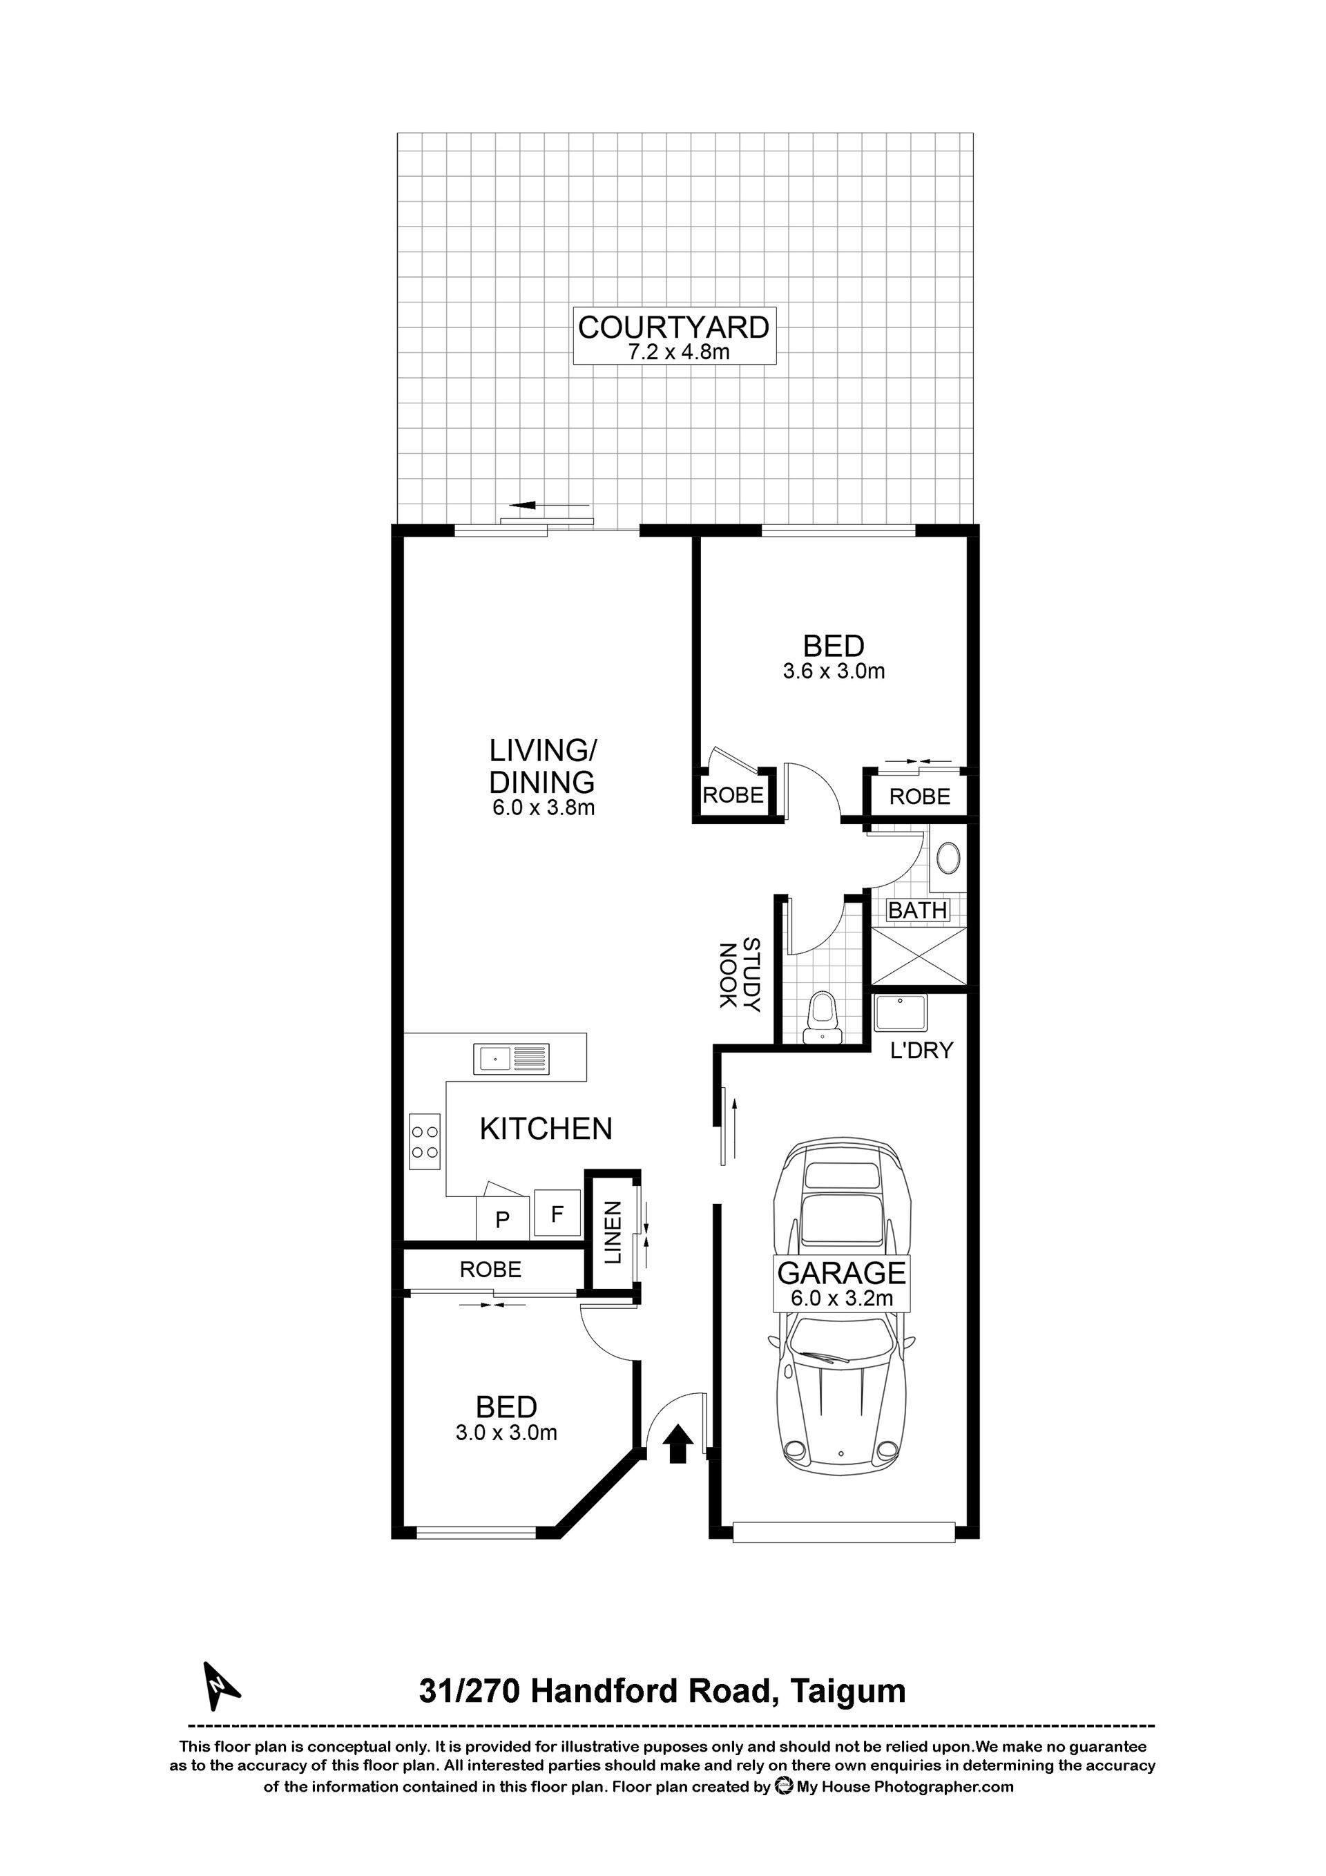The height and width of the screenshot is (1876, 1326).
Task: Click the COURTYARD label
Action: coord(673,327)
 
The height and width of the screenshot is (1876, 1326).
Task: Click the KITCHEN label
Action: coord(546,1129)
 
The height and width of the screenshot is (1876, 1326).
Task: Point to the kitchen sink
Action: coord(512,1060)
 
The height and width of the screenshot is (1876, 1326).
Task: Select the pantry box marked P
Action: coord(503,1219)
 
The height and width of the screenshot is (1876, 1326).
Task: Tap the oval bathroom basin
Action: coord(948,859)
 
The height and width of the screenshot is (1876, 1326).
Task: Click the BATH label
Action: coord(918,910)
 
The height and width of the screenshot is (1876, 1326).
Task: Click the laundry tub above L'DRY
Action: coord(901,1014)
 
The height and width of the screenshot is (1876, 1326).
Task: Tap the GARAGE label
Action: coord(841,1273)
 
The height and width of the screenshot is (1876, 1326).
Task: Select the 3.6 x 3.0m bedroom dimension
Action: coord(834,671)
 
